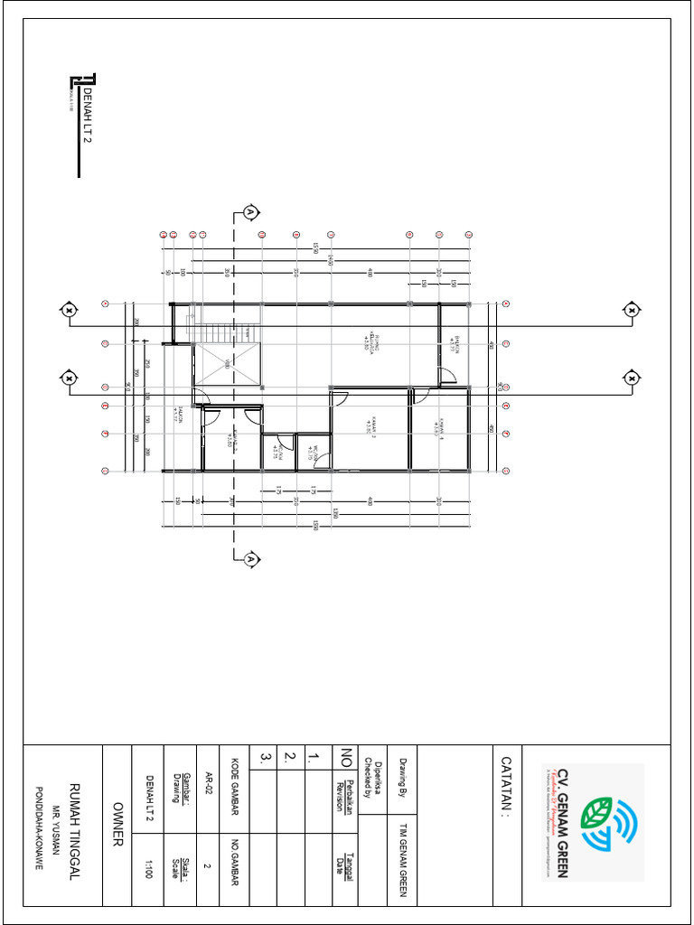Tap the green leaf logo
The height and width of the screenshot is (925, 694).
pos(596,813)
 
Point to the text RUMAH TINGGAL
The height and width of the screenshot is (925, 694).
pos(75,824)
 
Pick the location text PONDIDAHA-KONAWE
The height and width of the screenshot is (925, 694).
pos(39,824)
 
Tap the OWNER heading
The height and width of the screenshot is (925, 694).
pos(117,824)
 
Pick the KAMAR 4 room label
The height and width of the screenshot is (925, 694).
pos(438,425)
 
